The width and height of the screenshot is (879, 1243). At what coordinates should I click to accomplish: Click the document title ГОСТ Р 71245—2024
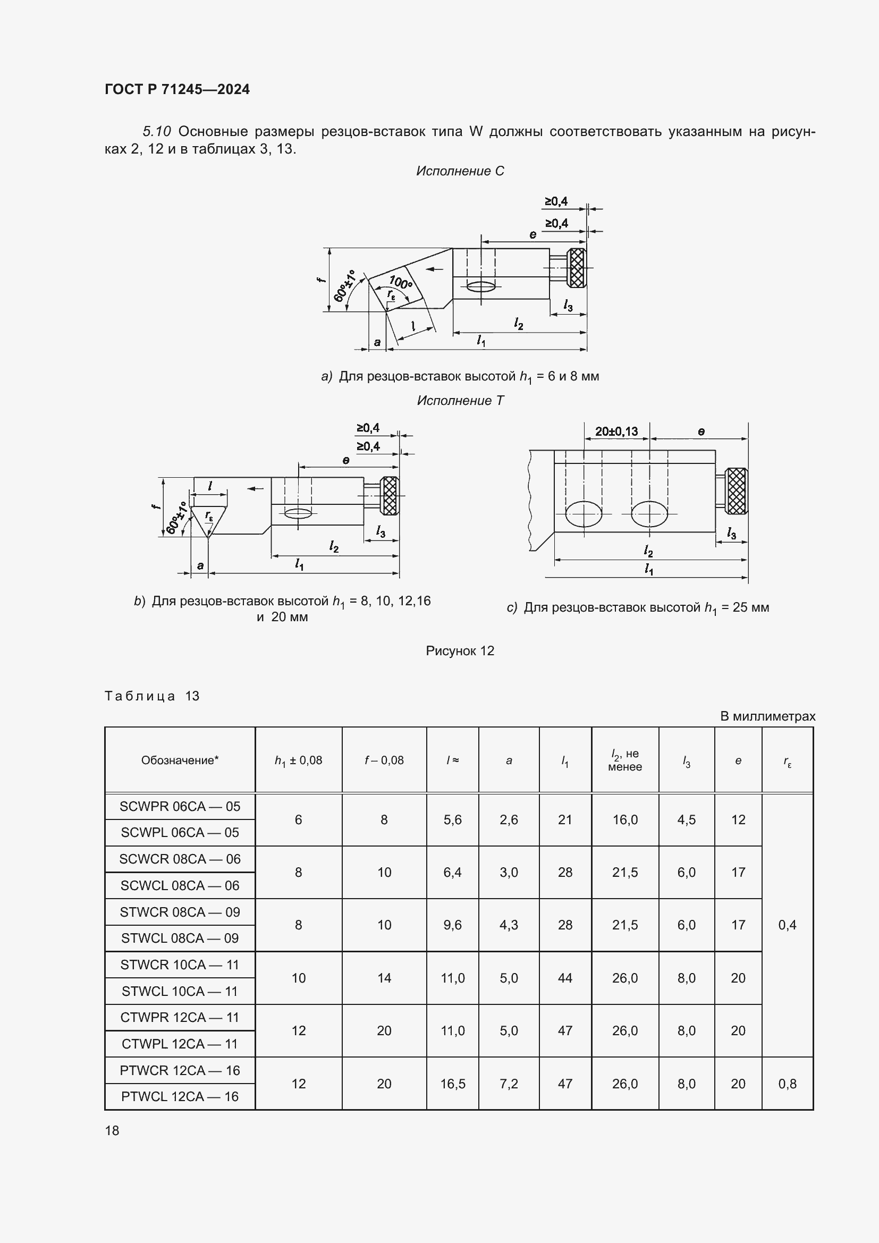coord(177,89)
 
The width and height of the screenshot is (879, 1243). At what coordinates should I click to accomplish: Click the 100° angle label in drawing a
coord(401,282)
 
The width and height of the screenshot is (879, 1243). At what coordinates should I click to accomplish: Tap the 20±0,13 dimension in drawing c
coord(616,432)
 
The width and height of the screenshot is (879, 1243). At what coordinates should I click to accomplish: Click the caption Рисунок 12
coord(460,651)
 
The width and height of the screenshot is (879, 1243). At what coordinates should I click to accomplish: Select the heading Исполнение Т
coord(460,401)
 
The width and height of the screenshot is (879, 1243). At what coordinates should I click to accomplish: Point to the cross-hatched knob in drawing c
coord(736,491)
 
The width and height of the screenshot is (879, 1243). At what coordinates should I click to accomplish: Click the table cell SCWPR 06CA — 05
coord(180,806)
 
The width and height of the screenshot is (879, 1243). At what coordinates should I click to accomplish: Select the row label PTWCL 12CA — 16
coord(180,1096)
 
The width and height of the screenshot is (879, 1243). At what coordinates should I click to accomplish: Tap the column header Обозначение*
coord(180,760)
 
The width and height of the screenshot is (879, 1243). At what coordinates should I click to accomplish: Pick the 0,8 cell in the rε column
coord(787,1083)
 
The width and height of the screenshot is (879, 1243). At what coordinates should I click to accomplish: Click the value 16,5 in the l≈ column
coord(452,1083)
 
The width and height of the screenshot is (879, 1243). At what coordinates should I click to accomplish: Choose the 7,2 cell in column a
coord(509,1083)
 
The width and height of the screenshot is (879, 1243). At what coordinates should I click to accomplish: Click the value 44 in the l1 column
coord(565,978)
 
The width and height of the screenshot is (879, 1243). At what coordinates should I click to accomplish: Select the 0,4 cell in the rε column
coord(787,925)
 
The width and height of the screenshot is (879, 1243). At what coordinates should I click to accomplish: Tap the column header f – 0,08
coord(384,760)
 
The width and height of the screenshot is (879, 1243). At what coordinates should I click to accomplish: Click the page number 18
coord(112,1130)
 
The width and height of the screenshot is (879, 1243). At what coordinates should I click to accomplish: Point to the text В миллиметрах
coord(767,716)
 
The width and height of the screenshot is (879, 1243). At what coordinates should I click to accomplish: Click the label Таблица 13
coord(152,696)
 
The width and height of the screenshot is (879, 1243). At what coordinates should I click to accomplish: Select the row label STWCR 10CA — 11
coord(180,965)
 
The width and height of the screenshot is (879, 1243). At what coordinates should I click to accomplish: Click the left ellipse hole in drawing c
coord(584,513)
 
